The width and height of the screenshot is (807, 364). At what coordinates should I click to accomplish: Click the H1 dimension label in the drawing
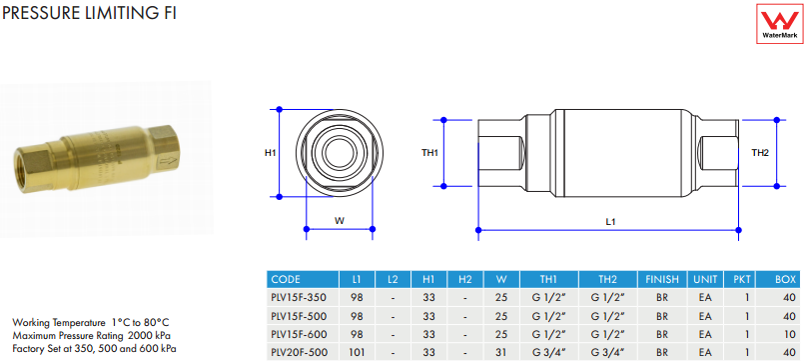coord(271,153)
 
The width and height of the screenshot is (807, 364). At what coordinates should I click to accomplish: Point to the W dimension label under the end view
coord(340,221)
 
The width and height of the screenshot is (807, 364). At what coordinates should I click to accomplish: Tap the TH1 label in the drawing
coord(429,153)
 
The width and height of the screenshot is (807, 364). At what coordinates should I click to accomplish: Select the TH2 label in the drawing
coord(760,153)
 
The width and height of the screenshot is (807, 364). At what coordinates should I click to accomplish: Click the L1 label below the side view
coord(610,222)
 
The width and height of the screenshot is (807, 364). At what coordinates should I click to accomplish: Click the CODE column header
coord(286,279)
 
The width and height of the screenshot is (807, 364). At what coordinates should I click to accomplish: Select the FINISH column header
coord(662,279)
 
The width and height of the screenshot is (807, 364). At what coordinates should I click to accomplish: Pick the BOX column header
coord(785,279)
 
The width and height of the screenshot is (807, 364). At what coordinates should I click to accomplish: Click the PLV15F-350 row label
coord(298,297)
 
